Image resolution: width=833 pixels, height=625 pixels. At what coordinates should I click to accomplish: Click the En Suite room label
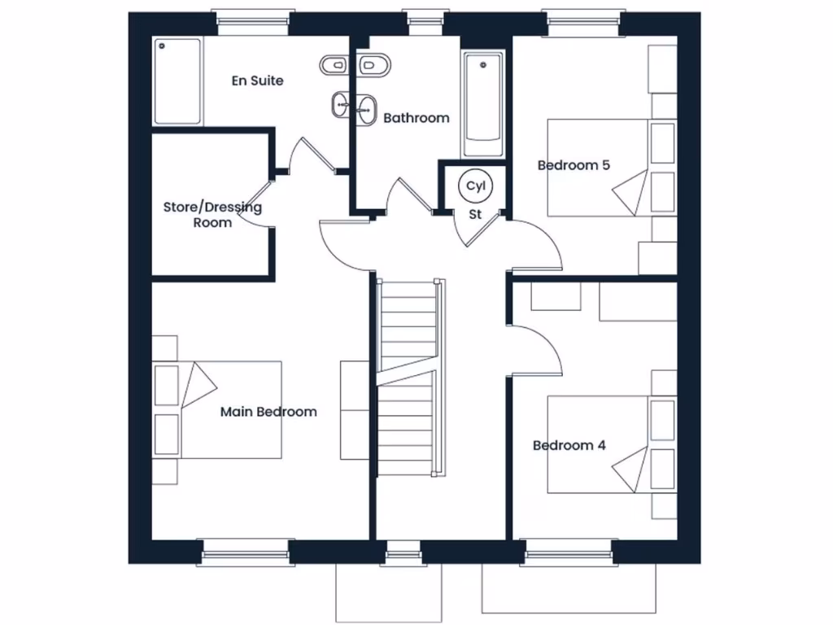pyautogui.click(x=257, y=81)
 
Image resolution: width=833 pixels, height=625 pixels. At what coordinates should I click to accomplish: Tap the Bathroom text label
pyautogui.click(x=416, y=118)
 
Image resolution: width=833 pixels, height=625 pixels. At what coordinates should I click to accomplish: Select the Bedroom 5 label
pyautogui.click(x=574, y=165)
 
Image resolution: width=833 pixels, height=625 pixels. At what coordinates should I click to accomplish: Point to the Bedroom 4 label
pyautogui.click(x=569, y=445)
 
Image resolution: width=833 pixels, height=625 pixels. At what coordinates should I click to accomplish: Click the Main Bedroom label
pyautogui.click(x=268, y=412)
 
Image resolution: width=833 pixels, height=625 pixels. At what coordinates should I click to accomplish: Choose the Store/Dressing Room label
pyautogui.click(x=212, y=215)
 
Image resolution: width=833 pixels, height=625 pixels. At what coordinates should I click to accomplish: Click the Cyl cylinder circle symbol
pyautogui.click(x=475, y=186)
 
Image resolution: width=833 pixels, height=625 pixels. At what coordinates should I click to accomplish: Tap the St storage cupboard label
pyautogui.click(x=475, y=215)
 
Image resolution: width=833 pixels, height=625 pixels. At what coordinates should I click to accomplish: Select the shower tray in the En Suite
pyautogui.click(x=177, y=81)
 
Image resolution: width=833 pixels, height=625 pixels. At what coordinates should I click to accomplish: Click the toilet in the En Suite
pyautogui.click(x=334, y=65)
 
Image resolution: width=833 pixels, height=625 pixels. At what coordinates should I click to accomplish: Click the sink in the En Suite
pyautogui.click(x=342, y=104)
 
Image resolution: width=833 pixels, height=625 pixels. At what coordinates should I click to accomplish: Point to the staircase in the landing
pyautogui.click(x=411, y=378)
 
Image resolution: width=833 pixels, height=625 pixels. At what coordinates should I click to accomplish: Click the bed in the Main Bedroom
pyautogui.click(x=232, y=409)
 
